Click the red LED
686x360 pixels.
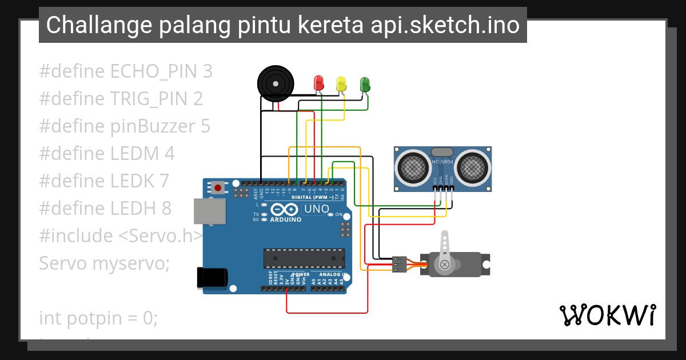[x=319, y=83]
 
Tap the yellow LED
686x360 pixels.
[x=341, y=84]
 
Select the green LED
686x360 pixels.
[x=365, y=85]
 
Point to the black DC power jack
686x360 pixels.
[x=212, y=277]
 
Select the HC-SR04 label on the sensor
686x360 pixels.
[x=442, y=162]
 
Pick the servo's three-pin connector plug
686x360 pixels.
[x=399, y=265]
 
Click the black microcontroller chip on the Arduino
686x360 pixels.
[x=304, y=258]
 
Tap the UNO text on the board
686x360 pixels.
[x=316, y=209]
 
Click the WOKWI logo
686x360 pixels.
[x=607, y=315]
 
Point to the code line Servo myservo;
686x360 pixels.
[x=105, y=263]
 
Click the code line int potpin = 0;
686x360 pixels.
[x=98, y=318]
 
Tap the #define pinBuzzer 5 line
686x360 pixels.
[x=125, y=126]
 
